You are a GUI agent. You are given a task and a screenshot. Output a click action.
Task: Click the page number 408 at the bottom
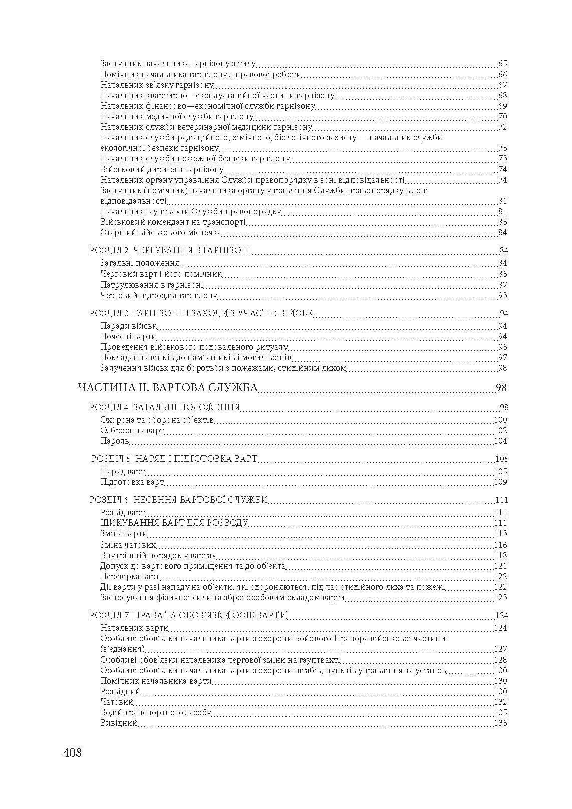coord(72,752)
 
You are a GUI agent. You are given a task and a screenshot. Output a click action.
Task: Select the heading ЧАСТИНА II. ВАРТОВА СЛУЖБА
coord(168,387)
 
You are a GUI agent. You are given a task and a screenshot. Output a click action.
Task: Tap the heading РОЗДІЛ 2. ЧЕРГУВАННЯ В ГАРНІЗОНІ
coord(170,250)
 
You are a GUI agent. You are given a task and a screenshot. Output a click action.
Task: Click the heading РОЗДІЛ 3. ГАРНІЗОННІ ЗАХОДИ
coord(201,313)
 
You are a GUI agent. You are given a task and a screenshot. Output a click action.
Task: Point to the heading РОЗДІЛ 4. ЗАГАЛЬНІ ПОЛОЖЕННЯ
coord(165,407)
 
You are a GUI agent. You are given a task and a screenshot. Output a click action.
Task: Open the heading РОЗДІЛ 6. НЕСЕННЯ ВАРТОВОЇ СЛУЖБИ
coord(179,500)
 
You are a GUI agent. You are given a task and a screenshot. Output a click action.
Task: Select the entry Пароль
coord(115,441)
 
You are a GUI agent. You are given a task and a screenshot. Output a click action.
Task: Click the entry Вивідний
coord(119,723)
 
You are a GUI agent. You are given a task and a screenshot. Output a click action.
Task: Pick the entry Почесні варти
coord(128,336)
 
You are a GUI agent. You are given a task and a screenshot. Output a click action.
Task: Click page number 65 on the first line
coord(503,64)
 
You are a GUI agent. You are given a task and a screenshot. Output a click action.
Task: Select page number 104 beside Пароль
coord(500,441)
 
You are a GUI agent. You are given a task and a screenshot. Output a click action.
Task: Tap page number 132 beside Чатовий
coord(500,702)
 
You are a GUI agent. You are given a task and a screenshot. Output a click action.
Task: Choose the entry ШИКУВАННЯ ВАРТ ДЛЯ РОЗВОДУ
coord(174,523)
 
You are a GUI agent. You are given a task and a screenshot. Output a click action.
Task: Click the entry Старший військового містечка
coord(160,232)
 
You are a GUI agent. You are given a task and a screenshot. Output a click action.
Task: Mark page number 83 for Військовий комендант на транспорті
coord(503,222)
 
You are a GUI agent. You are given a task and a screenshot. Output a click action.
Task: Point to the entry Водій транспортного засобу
coord(155,712)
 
